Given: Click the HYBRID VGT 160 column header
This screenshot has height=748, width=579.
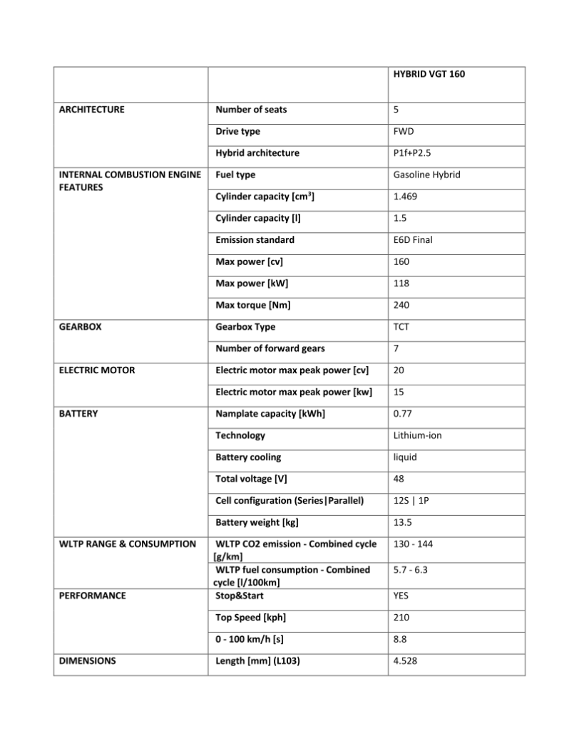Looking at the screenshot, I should (429, 73).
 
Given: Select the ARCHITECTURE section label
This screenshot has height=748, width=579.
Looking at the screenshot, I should (91, 110).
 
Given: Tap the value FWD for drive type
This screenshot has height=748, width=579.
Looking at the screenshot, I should (403, 131).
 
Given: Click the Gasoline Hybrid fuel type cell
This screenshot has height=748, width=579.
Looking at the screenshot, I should (426, 175).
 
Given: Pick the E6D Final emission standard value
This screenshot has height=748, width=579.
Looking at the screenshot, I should (413, 240).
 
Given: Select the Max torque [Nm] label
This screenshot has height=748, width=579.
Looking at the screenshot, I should (253, 305).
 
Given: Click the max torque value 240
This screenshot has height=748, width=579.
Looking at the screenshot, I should (401, 305).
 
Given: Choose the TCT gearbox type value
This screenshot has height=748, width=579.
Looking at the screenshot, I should (401, 327).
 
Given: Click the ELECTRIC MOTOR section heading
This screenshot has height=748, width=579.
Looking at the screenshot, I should (96, 370).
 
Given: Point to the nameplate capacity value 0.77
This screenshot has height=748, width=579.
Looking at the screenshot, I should (402, 414).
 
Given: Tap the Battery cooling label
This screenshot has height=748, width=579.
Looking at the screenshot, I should (248, 457).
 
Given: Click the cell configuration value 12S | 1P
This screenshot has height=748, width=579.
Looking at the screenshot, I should (411, 501).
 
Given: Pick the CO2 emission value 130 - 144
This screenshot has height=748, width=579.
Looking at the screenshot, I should (413, 544).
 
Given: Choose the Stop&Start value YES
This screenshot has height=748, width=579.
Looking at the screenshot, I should (401, 596).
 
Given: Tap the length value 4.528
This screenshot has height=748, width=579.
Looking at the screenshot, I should (405, 661).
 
